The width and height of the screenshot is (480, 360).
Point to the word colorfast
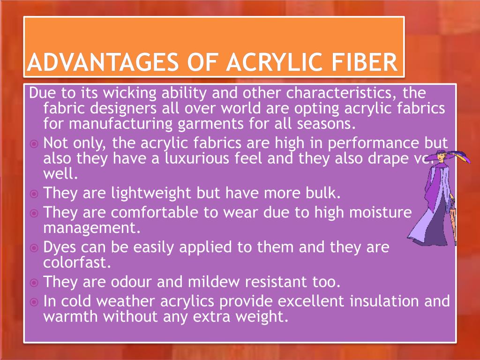77,262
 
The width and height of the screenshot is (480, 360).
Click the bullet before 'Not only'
34,143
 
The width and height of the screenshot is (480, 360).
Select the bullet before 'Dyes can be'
34,247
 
